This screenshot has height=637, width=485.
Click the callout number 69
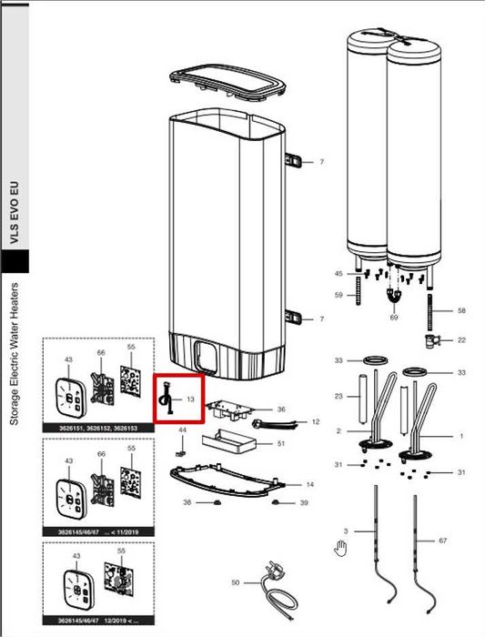tap(394, 318)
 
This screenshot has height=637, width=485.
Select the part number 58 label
tap(461, 311)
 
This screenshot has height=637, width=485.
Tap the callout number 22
tap(461, 339)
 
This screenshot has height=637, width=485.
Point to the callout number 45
tap(338, 273)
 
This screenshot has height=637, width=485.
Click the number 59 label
tap(338, 295)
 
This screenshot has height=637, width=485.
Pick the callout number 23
tap(338, 396)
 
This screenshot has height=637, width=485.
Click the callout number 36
tap(281, 409)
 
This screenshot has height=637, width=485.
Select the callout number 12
tap(316, 422)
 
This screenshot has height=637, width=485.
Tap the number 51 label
tap(281, 443)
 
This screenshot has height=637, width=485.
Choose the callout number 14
tap(309, 484)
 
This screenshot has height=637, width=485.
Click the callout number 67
tap(443, 541)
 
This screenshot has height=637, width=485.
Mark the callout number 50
tap(235, 581)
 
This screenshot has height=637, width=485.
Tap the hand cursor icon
tap(341, 548)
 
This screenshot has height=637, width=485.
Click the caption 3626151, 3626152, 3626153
tap(98, 427)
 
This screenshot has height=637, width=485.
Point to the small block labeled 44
tap(181, 450)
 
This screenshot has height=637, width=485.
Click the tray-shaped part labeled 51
tap(228, 445)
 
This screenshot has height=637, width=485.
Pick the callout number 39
tap(305, 503)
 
